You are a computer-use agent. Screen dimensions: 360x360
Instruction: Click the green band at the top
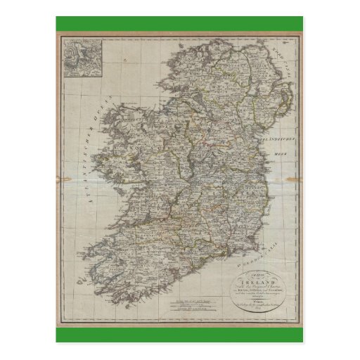[x=179, y=22]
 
